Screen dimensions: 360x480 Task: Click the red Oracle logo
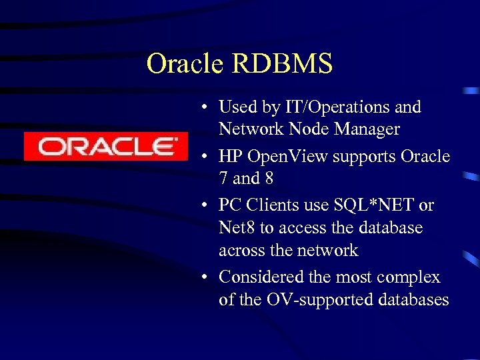[106, 146]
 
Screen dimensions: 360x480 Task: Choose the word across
[240, 251]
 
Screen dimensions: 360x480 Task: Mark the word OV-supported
[313, 300]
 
